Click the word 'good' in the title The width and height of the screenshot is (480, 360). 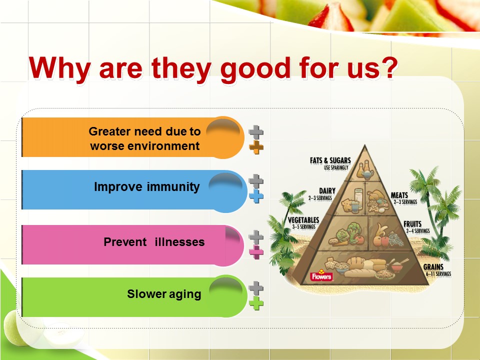click(x=255, y=69)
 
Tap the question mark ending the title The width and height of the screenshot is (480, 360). click(x=388, y=66)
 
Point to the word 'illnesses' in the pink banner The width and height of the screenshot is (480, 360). click(x=179, y=242)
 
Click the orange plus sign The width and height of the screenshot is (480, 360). click(x=256, y=147)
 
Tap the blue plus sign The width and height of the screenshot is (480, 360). click(x=256, y=196)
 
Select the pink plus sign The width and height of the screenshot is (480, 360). click(x=256, y=252)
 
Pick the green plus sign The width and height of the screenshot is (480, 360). click(x=256, y=303)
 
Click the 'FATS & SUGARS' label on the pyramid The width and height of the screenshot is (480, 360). click(x=330, y=160)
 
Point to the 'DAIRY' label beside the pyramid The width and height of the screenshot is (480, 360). click(x=327, y=191)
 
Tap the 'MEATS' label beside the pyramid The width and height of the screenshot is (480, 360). click(x=399, y=195)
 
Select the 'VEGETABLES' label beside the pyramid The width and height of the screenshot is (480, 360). click(x=303, y=220)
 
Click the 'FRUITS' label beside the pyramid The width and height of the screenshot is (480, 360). click(x=412, y=224)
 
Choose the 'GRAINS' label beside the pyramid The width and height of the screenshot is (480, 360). click(x=433, y=267)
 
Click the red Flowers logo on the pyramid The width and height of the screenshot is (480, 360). click(x=321, y=276)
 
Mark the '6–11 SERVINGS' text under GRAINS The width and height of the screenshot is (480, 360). click(x=438, y=273)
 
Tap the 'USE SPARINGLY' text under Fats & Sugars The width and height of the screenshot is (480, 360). click(x=336, y=167)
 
